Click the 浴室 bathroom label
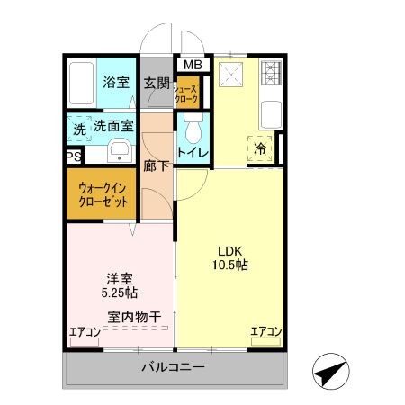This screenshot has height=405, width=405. pos(114,83)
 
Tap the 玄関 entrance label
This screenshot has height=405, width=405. pos(157,83)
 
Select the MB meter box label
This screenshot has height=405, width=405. pos(193,65)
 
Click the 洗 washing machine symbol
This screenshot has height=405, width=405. pos(79,129)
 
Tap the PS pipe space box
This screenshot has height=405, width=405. pos(71,156)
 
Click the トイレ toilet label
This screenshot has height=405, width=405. pos(193,153)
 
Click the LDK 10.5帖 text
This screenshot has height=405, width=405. pos(231,258)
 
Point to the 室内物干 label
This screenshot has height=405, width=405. pos(134,316)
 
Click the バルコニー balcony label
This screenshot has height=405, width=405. pos(173,368)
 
